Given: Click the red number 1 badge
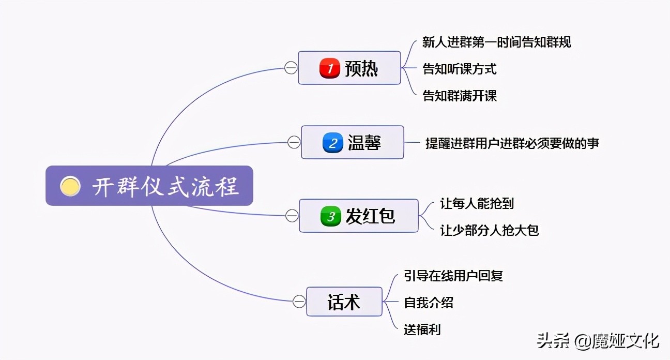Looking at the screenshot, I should click(330, 68).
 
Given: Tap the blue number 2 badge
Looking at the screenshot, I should click(333, 143).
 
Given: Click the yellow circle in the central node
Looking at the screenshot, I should click(70, 186).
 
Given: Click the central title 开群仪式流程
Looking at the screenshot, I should click(165, 186).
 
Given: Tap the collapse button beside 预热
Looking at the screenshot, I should click(291, 68).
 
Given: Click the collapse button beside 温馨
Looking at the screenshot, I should click(294, 142).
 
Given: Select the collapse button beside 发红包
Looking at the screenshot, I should click(292, 216).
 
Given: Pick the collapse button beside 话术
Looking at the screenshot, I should click(299, 301).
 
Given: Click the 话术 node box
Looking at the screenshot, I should click(344, 302).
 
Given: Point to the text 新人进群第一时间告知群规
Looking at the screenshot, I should click(496, 42).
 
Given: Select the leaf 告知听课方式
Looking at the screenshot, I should click(460, 69).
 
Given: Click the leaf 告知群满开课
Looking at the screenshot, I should click(460, 96).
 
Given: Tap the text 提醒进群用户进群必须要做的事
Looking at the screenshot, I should click(512, 143).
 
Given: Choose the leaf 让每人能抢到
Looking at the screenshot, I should click(477, 203).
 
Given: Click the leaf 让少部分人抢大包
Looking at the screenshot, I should click(489, 230).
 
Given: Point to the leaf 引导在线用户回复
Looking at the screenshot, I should click(453, 276).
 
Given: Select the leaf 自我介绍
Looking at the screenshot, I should click(429, 303).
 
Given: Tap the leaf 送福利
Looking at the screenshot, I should click(422, 329).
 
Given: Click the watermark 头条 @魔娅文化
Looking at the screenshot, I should click(598, 341).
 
